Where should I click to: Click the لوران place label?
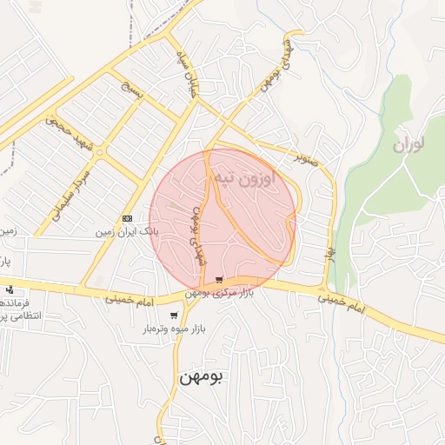click(412, 145)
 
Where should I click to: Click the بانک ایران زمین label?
click(128, 233)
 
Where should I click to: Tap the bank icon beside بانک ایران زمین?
click(128, 218)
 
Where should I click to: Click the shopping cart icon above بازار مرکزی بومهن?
click(219, 280)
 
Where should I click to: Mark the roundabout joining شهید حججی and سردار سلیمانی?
click(101, 153)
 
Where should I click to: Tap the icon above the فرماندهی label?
click(10, 289)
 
